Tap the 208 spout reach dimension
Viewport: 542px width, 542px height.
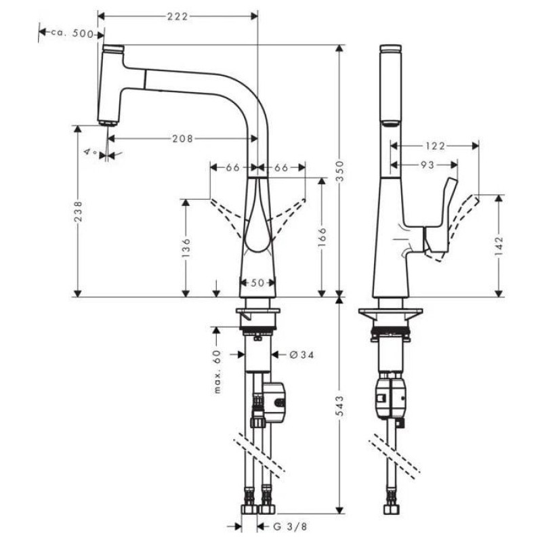[x=182, y=138]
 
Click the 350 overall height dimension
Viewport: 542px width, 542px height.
[x=341, y=167]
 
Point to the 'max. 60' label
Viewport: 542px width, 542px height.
[x=217, y=371]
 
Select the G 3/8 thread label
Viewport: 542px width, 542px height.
[x=293, y=525]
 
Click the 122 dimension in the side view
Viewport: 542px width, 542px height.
[x=436, y=145]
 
